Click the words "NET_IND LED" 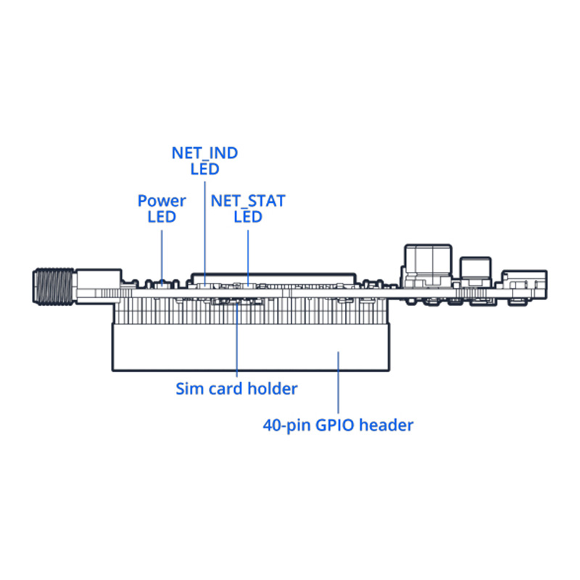click(204, 161)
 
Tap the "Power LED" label click(162, 208)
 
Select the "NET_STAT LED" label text click(248, 208)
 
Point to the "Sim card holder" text click(237, 389)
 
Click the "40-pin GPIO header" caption click(338, 425)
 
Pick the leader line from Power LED click(162, 254)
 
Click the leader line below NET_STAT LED click(248, 254)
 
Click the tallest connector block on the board click(428, 262)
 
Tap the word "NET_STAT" click(248, 201)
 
